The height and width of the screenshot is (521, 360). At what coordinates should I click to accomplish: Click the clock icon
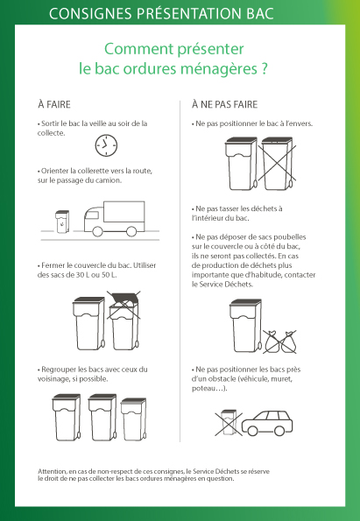106,145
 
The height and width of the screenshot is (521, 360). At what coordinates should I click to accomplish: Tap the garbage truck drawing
115,219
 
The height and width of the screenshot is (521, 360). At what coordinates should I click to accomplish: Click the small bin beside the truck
62,222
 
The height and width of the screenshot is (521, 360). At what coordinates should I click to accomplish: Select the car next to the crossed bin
267,423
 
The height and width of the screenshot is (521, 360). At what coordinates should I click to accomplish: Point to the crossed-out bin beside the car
229,422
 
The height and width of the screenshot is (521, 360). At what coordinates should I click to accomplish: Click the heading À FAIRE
54,104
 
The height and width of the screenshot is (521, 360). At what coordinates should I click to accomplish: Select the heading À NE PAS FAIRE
225,104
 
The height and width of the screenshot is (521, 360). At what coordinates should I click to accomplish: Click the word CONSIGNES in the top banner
91,14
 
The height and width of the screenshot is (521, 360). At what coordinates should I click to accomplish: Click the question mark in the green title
264,68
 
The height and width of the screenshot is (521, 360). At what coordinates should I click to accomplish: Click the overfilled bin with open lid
124,320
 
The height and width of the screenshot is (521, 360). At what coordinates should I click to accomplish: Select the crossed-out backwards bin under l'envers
278,163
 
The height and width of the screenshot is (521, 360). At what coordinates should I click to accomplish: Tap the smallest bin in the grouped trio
133,419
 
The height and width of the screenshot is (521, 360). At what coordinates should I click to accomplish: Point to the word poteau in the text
202,389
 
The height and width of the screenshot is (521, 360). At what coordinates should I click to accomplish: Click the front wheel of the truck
97,231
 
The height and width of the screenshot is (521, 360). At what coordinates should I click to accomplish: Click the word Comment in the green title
138,49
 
